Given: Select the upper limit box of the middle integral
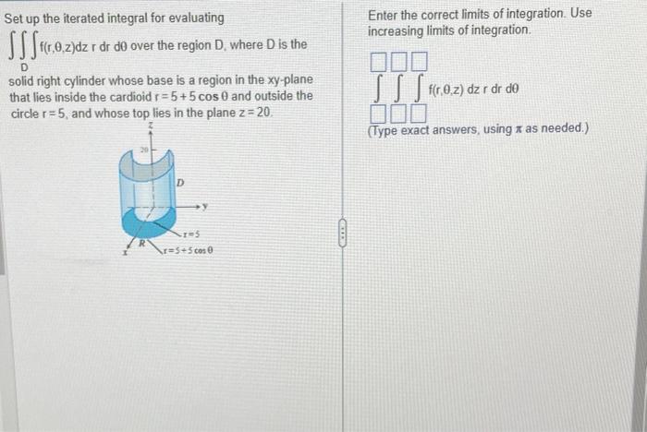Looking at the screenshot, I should pos(400,63).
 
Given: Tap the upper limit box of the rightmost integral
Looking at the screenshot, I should pos(421,63).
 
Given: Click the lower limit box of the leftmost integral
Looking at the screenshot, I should pos(379,114).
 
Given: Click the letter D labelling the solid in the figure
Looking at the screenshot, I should pos(181,183).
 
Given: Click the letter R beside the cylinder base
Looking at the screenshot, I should pos(140,244).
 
